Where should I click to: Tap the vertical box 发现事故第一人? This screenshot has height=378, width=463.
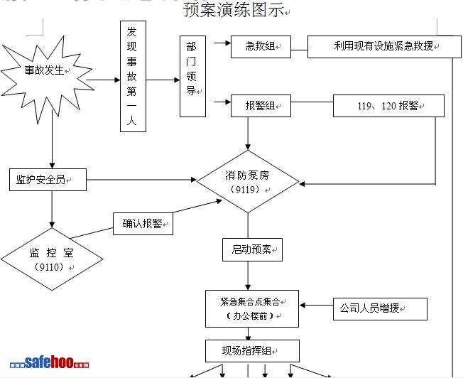point(132,77)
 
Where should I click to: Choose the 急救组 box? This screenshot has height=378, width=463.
point(260,47)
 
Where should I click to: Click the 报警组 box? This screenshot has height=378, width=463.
point(260,106)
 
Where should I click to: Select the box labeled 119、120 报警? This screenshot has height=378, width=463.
point(388,106)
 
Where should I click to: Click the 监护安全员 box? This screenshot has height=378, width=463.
point(48,180)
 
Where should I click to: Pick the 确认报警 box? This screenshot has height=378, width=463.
point(143,224)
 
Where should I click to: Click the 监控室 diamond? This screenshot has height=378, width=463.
point(51,259)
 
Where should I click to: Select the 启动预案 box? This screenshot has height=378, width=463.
point(251,249)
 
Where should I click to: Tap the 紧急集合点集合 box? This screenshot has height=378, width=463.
point(252,308)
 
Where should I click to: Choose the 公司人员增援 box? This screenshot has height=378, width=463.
point(379,309)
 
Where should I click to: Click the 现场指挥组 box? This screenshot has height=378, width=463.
point(251,351)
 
